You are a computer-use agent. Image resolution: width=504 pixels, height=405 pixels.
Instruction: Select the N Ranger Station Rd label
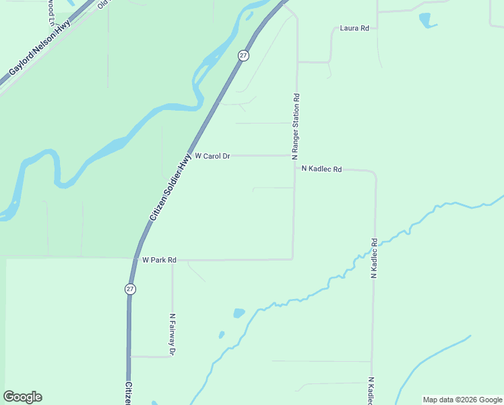pos(295,126)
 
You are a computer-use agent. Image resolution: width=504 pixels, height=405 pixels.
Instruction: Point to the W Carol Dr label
pos(212,156)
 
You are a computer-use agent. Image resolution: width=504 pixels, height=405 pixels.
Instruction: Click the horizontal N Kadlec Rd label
pos(321,169)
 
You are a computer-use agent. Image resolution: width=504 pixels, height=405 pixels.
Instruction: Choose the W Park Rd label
pos(159,260)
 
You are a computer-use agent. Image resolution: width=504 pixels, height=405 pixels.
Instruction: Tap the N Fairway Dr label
pos(172,335)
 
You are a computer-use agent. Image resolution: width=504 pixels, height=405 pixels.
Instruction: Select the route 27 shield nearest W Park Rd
pos(130,289)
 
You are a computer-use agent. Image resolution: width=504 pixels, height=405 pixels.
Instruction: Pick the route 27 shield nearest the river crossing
pos(243,55)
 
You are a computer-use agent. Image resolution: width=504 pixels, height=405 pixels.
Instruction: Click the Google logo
pos(22,397)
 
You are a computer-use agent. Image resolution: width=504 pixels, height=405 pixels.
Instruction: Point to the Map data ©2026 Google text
pos(463,400)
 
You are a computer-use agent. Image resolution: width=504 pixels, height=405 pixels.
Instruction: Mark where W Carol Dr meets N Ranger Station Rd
pos(294,155)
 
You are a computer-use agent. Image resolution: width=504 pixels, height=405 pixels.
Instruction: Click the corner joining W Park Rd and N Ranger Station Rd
pos(292,259)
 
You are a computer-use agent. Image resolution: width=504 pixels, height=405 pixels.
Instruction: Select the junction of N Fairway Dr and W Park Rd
pos(172,260)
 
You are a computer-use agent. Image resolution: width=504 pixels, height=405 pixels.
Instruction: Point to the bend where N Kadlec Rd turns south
pos(374,174)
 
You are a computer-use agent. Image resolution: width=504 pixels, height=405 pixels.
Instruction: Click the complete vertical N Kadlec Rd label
pos(373,259)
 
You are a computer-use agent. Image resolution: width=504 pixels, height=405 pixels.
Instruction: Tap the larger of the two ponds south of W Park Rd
pos(239,313)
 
